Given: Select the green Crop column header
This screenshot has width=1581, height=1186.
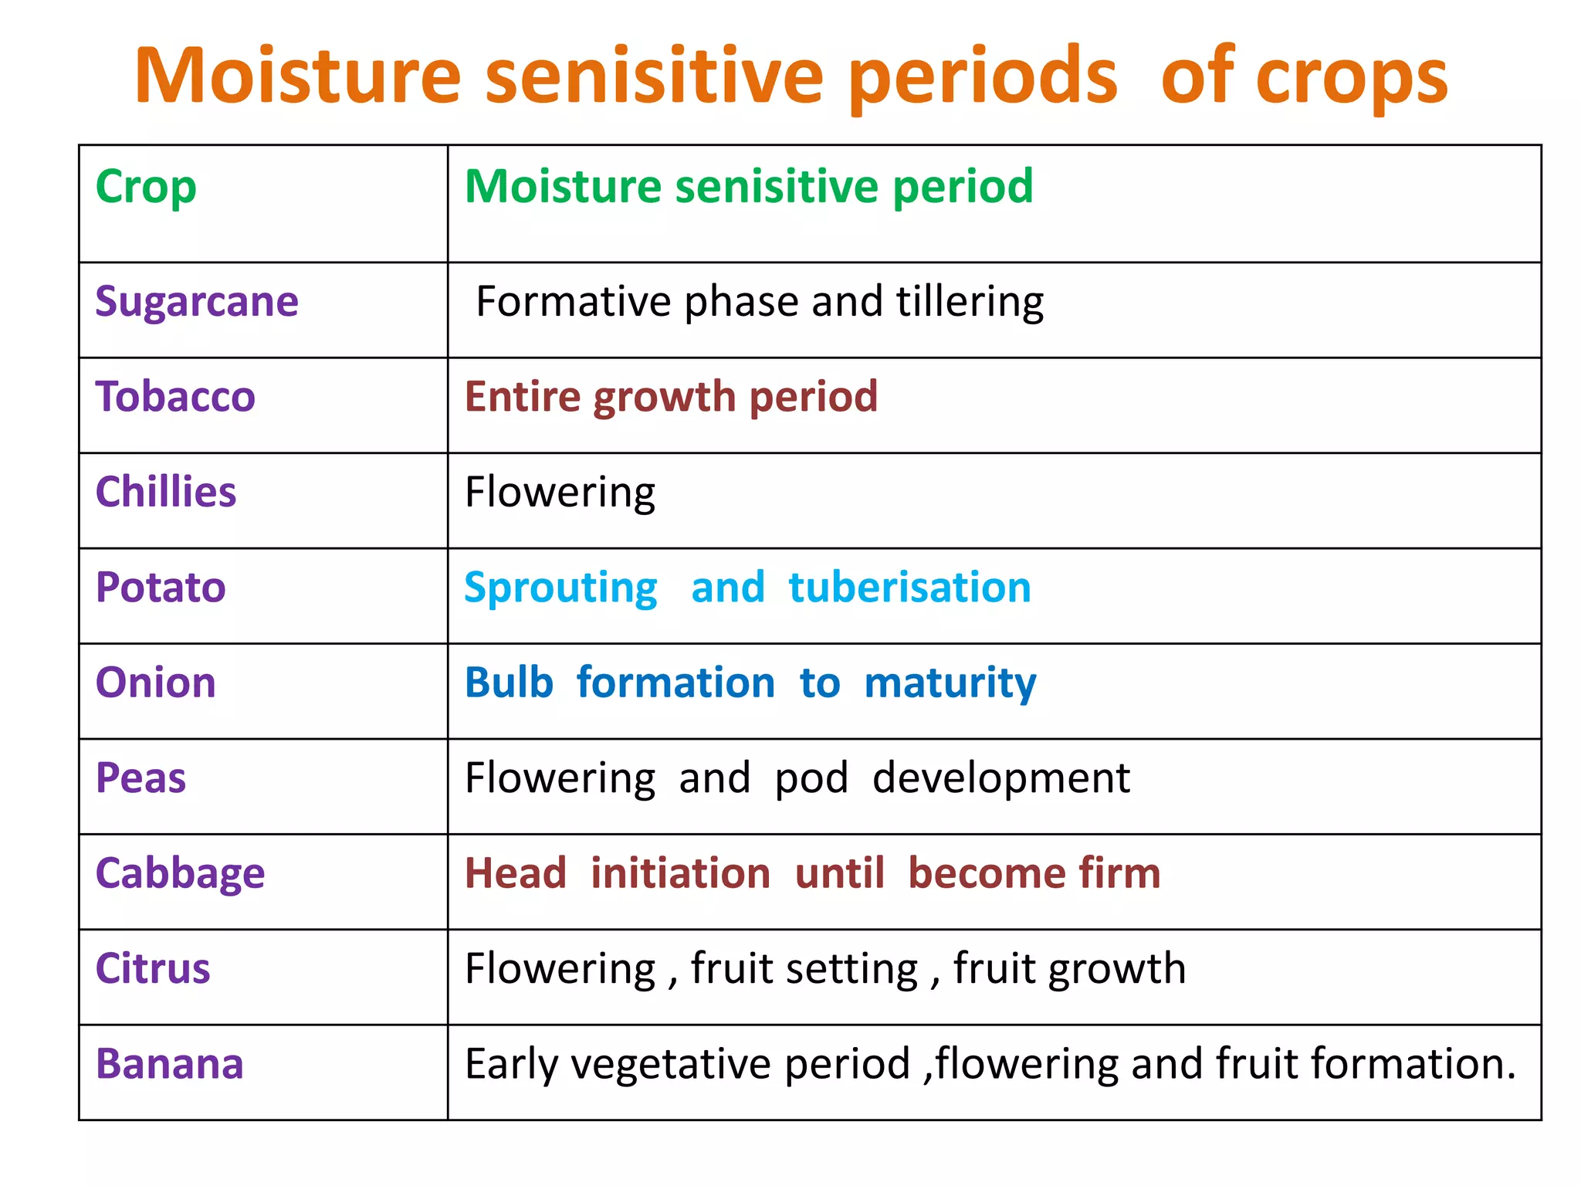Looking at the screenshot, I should [x=146, y=188].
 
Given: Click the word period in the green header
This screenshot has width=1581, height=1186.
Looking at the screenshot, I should [x=963, y=188].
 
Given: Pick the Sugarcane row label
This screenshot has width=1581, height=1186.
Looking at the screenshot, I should [x=197, y=301].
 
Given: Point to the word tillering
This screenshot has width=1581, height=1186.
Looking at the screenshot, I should [x=970, y=301].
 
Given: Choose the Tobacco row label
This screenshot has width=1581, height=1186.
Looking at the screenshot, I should [x=175, y=397].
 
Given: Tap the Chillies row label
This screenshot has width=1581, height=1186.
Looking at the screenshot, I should [x=165, y=492].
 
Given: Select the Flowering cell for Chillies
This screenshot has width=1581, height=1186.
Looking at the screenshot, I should [x=560, y=493].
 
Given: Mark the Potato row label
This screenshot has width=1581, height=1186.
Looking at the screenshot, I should [x=161, y=588].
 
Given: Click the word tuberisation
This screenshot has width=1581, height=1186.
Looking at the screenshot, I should [x=909, y=588].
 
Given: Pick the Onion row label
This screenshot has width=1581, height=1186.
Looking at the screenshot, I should [x=155, y=683].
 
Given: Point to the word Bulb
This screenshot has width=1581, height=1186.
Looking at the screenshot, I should [x=509, y=683].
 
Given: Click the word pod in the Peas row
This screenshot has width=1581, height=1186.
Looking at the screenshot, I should [x=811, y=779].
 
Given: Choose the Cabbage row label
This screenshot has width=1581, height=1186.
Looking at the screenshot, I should [x=180, y=874].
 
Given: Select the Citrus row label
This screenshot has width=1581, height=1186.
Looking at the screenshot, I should [x=152, y=969].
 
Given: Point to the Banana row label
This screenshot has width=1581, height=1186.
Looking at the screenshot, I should [x=169, y=1065].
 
